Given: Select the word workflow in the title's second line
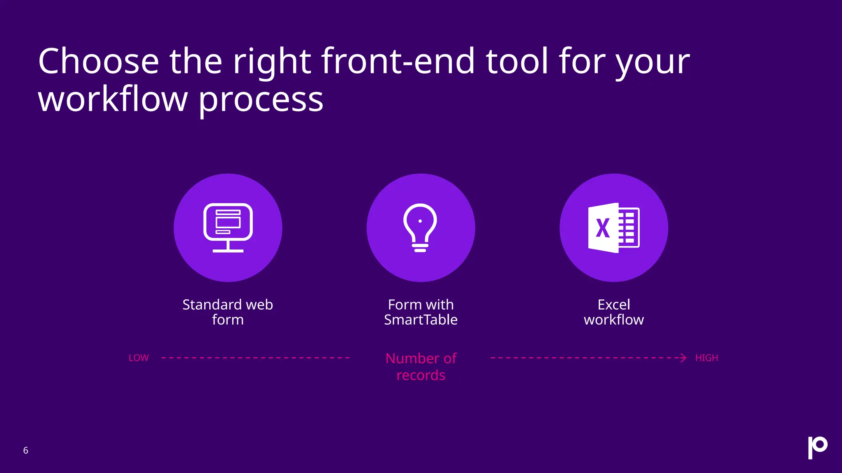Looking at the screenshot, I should coord(113,100).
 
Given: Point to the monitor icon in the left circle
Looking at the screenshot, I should coord(228,227).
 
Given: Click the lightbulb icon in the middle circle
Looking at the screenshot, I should coord(420,227).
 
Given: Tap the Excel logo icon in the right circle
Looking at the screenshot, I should coord(613,227).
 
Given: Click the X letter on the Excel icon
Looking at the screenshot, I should coord(603,228).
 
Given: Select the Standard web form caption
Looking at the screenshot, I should coord(228,312).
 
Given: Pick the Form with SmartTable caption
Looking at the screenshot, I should coord(421,312).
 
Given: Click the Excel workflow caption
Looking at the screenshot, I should coord(614,312).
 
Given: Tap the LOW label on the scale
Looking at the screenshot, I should coord(139,358).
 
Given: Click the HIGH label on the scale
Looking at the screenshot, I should coord(706,358).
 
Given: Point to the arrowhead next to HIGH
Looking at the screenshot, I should coord(683,358).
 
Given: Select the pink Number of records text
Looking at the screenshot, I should coord(421,367).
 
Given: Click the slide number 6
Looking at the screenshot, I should coord(25,450).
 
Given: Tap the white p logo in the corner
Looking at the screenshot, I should coord(817,447).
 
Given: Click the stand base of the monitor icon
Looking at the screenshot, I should coord(228,250).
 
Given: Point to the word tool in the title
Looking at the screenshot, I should coord(517,62).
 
